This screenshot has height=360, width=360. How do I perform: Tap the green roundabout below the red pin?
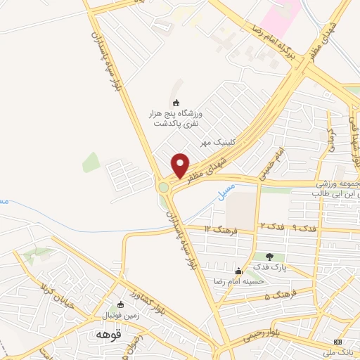tap(165, 187)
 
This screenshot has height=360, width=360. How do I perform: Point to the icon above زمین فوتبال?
tap(121, 304)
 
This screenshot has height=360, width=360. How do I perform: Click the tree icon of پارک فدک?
tap(269, 256)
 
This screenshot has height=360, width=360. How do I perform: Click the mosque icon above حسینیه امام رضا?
tap(239, 271)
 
